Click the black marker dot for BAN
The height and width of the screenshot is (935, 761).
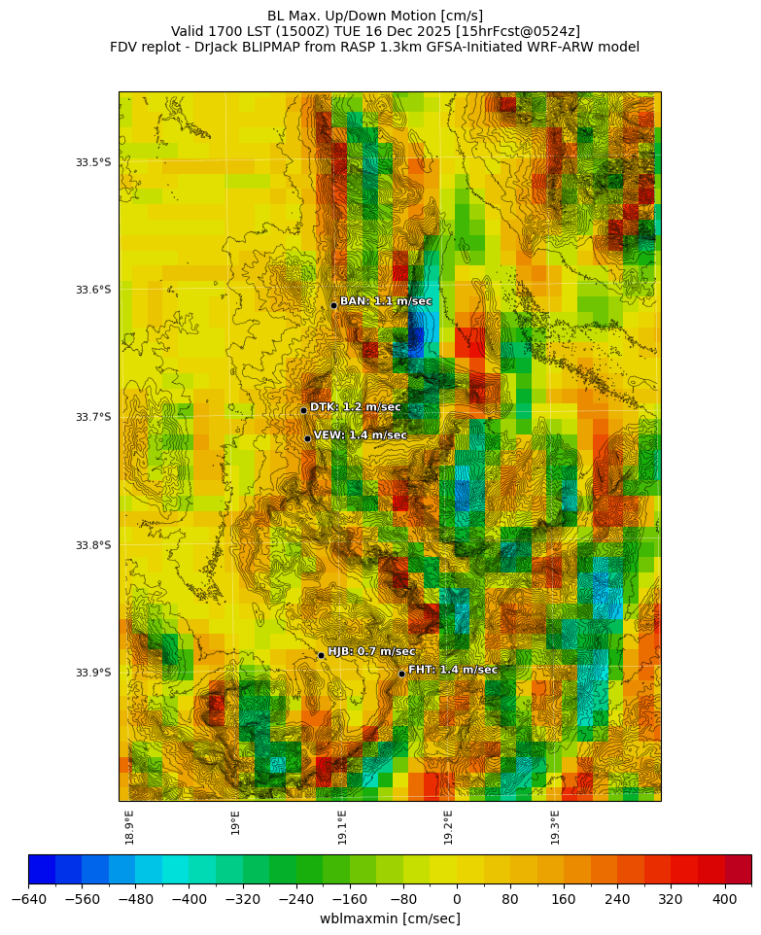(x=333, y=305)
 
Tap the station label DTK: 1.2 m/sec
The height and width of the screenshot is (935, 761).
(x=355, y=407)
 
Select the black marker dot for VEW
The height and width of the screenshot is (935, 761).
(x=308, y=438)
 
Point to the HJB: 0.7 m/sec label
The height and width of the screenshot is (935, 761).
(x=371, y=651)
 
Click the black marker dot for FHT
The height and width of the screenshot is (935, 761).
(x=401, y=674)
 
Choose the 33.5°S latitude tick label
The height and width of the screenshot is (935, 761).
(x=93, y=162)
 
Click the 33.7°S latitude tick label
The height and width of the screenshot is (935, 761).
(x=93, y=417)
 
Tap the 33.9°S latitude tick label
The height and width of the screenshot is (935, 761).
(x=93, y=673)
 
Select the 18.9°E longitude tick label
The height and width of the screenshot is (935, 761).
(x=129, y=826)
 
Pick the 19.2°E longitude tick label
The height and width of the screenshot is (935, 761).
(x=448, y=826)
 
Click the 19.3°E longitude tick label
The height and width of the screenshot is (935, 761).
(x=555, y=826)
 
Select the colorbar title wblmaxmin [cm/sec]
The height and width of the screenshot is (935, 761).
(x=390, y=918)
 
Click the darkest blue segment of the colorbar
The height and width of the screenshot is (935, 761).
(x=42, y=869)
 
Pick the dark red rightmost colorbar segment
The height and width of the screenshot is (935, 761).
(x=738, y=869)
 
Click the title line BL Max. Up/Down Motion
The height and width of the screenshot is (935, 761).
(x=375, y=16)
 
